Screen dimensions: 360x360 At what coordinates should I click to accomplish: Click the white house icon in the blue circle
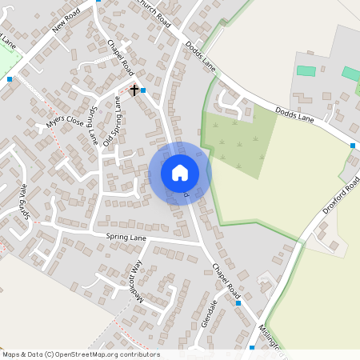tap(179, 172)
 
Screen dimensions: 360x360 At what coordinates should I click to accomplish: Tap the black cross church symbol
tap(134, 90)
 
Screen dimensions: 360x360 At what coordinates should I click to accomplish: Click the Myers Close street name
tap(64, 122)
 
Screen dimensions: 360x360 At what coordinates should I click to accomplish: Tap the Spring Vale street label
tap(25, 206)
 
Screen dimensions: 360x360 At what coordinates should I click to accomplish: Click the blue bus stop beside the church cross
tap(143, 90)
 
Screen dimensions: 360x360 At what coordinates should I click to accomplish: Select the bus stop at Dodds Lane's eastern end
tap(353, 146)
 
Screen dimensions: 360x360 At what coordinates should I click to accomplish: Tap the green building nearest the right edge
tap(350, 74)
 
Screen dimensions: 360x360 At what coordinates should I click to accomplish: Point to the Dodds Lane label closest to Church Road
tap(201, 54)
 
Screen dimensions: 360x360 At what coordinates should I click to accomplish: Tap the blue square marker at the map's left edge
tap(10, 79)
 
